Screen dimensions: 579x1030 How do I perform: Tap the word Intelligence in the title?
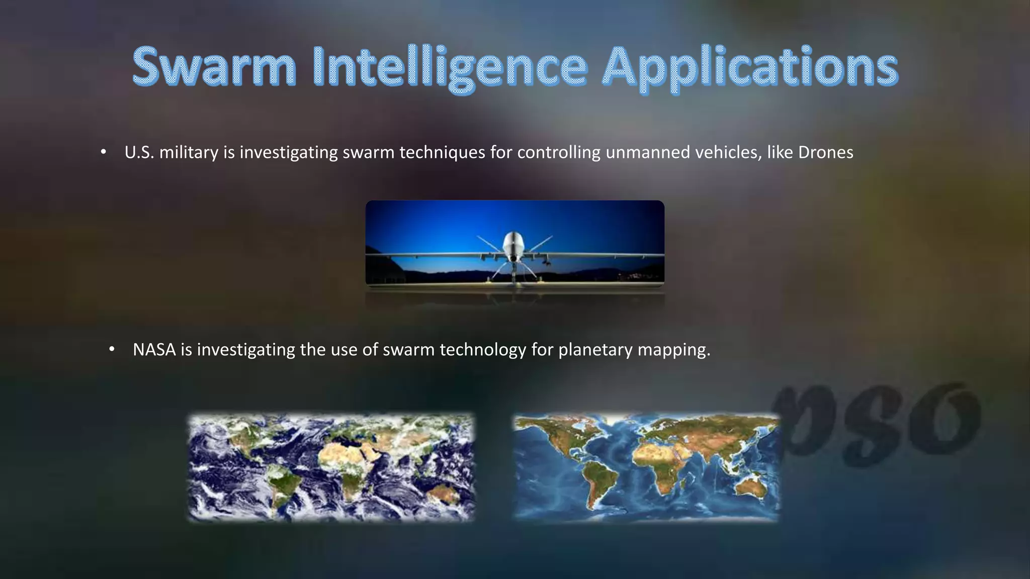click(x=449, y=68)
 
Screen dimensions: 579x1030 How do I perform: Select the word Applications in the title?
click(x=749, y=68)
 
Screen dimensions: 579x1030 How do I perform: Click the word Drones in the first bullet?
click(x=825, y=152)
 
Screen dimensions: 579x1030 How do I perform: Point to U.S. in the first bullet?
click(x=139, y=152)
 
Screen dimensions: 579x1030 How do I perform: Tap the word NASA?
click(x=154, y=349)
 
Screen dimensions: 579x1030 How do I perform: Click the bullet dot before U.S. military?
click(x=104, y=152)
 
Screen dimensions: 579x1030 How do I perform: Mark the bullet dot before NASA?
click(x=112, y=349)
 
